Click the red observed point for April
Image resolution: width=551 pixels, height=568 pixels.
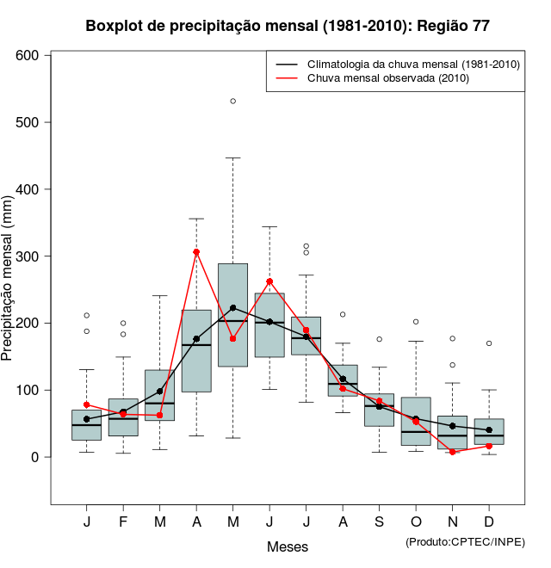coord(196,252)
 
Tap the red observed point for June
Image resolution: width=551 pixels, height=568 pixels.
coord(269,281)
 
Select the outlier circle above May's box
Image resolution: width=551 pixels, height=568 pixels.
coord(232,102)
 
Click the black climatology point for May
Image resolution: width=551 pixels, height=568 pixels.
coord(232,308)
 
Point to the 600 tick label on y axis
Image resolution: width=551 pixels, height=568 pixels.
coord(29,55)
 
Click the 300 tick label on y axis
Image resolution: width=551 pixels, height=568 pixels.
coord(29,256)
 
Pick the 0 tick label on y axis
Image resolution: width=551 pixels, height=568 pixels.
coord(36,457)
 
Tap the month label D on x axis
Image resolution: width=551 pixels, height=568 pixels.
coord(488,522)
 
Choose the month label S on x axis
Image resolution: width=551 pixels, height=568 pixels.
coord(379,522)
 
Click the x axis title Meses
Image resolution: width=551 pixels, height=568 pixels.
coord(288,547)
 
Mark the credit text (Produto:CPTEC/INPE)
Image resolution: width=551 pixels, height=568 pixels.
coord(465,541)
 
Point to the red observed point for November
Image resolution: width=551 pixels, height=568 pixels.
coord(452,452)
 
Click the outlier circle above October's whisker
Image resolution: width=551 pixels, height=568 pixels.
coord(416,322)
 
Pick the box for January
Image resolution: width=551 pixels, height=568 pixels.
coord(86,425)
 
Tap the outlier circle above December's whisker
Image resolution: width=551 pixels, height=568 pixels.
coord(489,343)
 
